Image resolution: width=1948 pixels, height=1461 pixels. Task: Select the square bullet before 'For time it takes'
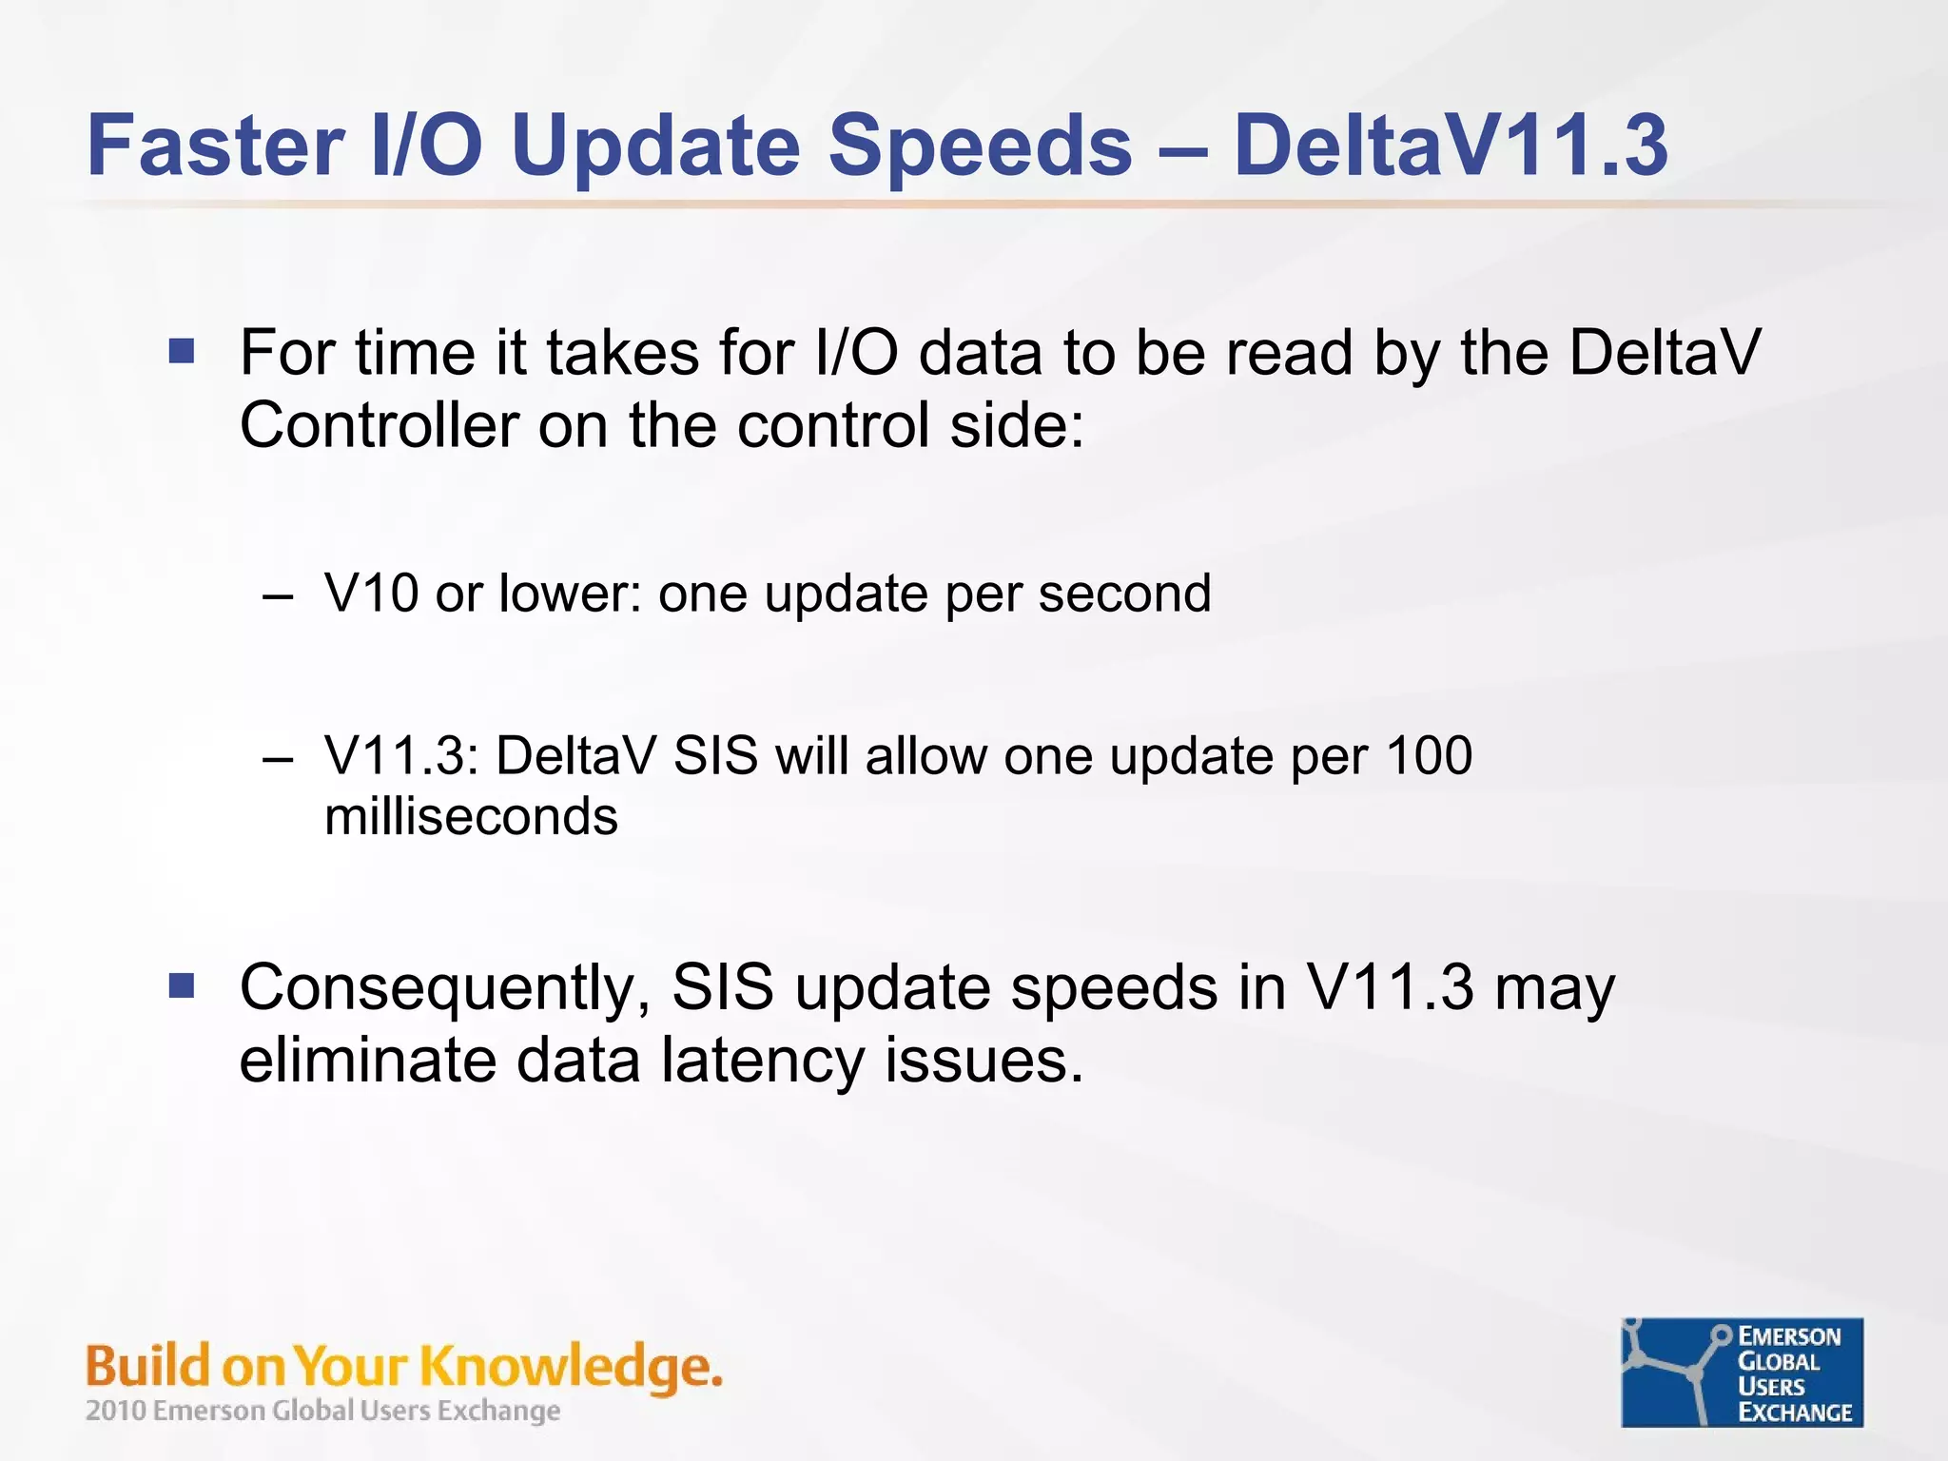click(x=182, y=352)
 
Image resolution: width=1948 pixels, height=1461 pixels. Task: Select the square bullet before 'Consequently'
click(x=182, y=986)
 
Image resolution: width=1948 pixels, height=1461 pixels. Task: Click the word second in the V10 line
click(x=1124, y=594)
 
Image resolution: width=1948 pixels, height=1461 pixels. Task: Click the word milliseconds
click(x=471, y=817)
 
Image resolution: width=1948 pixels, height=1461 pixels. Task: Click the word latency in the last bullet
click(x=762, y=1061)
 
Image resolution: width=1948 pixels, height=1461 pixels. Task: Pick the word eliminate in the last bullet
click(x=366, y=1061)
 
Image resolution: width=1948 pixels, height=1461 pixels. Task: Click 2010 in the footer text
click(x=115, y=1411)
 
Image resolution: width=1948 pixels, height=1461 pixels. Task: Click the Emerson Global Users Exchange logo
click(x=1742, y=1373)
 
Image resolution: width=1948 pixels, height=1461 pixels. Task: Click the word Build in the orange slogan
click(x=147, y=1367)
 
